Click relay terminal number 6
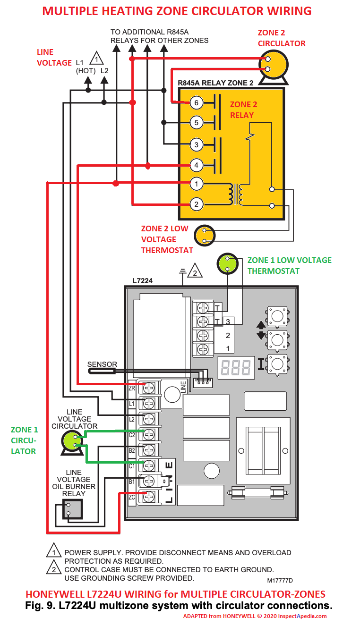[197, 102]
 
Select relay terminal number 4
[197, 165]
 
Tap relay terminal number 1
[197, 184]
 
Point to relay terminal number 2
[197, 204]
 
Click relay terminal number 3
[197, 144]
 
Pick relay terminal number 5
[197, 123]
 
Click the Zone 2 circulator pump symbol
[273, 65]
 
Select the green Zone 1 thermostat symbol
[227, 264]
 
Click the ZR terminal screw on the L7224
[149, 388]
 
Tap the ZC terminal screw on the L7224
[149, 496]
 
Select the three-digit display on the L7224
[236, 368]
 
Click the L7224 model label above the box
[143, 280]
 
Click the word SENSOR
[102, 364]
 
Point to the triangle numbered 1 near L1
[96, 59]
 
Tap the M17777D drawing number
[280, 580]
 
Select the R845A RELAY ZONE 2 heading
[215, 83]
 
